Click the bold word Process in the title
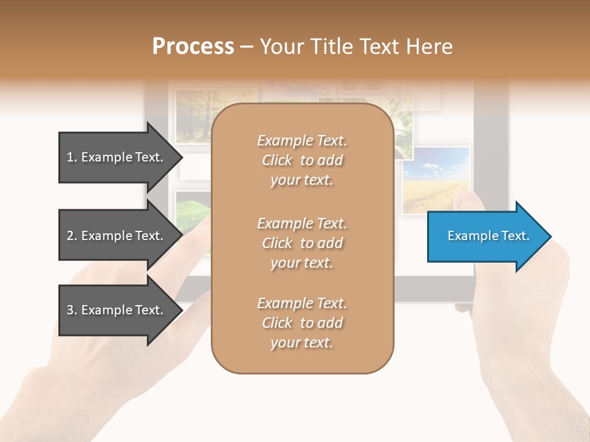tap(193, 47)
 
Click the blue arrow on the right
tap(486, 236)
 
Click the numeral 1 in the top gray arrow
tap(70, 157)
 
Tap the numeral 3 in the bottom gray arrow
tap(70, 310)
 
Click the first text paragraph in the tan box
tap(302, 160)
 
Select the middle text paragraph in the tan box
tap(302, 243)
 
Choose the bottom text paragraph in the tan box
tap(302, 323)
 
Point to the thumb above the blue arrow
tap(470, 200)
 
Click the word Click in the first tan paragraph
tap(277, 160)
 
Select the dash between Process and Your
tap(247, 47)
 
